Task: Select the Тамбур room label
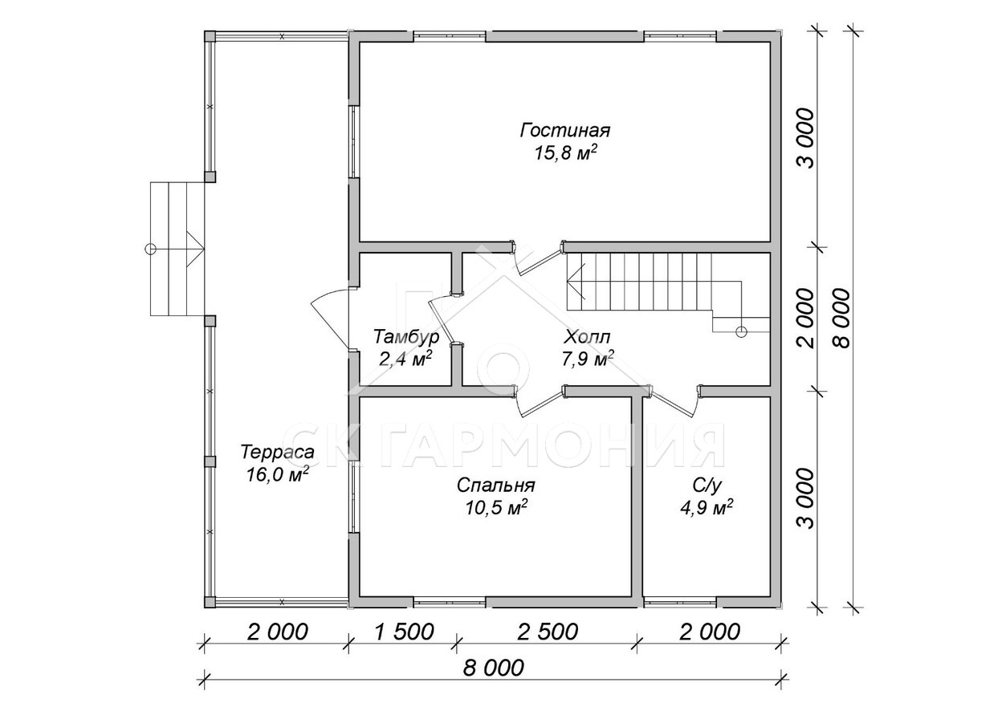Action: coord(406,336)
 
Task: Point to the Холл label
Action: coord(588,336)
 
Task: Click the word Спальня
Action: coord(496,486)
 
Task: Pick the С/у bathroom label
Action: coord(707,486)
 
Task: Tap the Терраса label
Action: coord(277,452)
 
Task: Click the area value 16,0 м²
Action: coord(277,474)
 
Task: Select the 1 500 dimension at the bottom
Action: coord(404,632)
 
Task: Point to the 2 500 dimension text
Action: coord(548,632)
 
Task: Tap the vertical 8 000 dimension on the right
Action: coord(842,318)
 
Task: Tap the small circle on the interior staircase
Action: coord(740,331)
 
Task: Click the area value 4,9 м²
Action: coord(707,508)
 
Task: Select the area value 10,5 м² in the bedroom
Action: coord(496,508)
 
